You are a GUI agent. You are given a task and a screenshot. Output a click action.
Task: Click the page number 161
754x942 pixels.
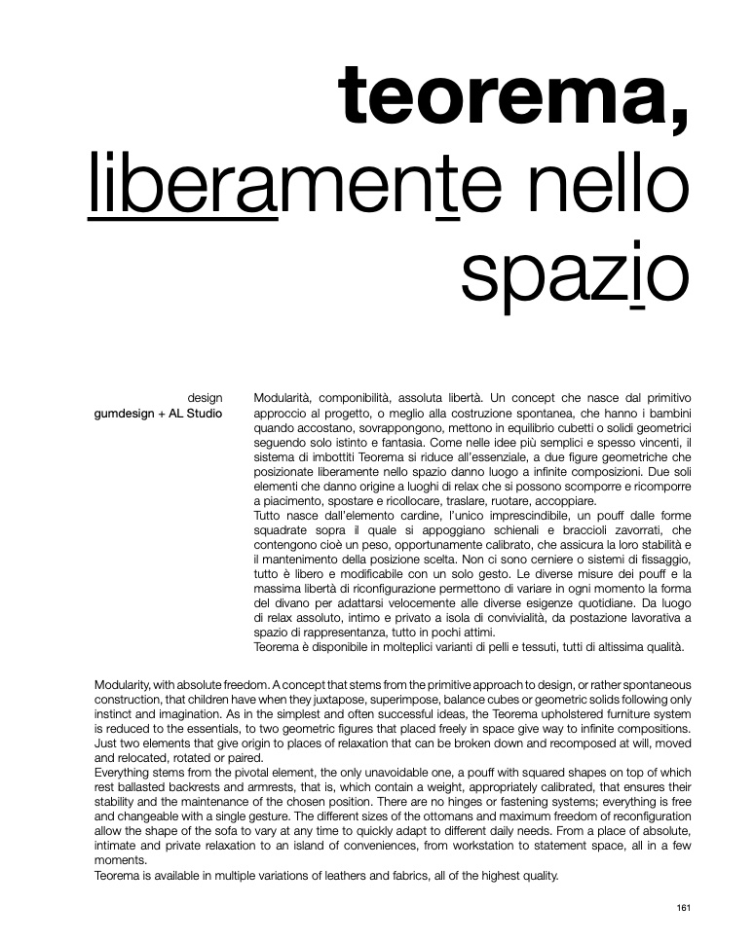(x=683, y=909)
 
